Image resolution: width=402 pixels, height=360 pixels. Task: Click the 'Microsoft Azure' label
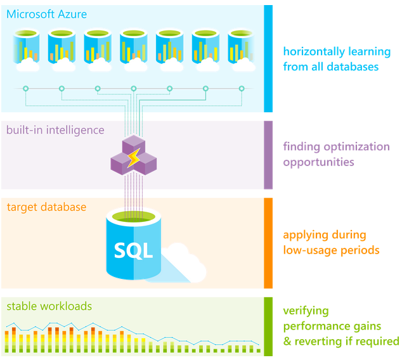point(47,14)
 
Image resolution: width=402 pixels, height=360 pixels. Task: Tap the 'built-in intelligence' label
point(55,130)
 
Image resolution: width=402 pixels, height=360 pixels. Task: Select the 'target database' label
point(46,207)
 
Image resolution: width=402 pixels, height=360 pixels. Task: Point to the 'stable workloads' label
point(49,306)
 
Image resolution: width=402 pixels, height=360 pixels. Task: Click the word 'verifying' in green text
point(306,311)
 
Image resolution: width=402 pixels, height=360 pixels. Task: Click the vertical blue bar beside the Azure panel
point(268,58)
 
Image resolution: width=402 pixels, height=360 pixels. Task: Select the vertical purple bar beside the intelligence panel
point(268,155)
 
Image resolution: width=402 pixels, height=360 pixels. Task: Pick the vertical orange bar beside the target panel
point(268,243)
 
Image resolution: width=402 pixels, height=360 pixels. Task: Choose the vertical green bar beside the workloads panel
point(268,326)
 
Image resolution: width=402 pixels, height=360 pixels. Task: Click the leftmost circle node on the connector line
point(25,89)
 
